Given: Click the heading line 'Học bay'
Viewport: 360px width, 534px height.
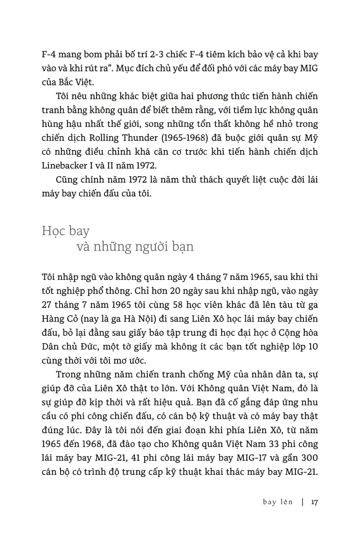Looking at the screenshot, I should pyautogui.click(x=65, y=231).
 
